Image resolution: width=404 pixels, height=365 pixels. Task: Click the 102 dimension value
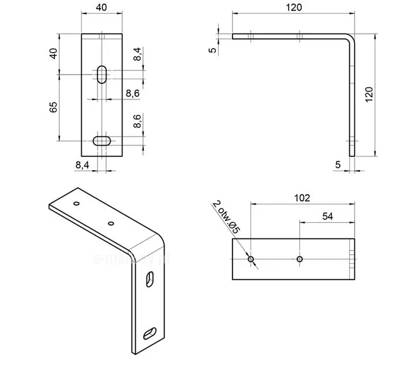302,198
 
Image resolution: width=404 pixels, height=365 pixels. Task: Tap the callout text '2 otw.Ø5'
226,217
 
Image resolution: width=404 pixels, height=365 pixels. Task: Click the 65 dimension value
54,107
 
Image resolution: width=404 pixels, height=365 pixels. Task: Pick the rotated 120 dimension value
369,94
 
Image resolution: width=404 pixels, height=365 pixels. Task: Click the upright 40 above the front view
102,8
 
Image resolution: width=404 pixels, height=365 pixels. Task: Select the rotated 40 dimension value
54,53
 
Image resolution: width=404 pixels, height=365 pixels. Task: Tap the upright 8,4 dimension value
83,165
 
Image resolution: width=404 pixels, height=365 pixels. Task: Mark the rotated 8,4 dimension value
137,56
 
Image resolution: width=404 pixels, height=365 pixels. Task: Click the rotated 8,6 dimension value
137,121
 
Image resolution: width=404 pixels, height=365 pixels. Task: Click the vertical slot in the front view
102,74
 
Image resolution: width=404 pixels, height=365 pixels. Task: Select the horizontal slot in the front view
102,140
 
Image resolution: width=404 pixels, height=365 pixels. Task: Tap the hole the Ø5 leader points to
251,259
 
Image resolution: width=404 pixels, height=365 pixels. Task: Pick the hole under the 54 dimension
299,259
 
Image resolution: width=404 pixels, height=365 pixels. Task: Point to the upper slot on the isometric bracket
150,279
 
